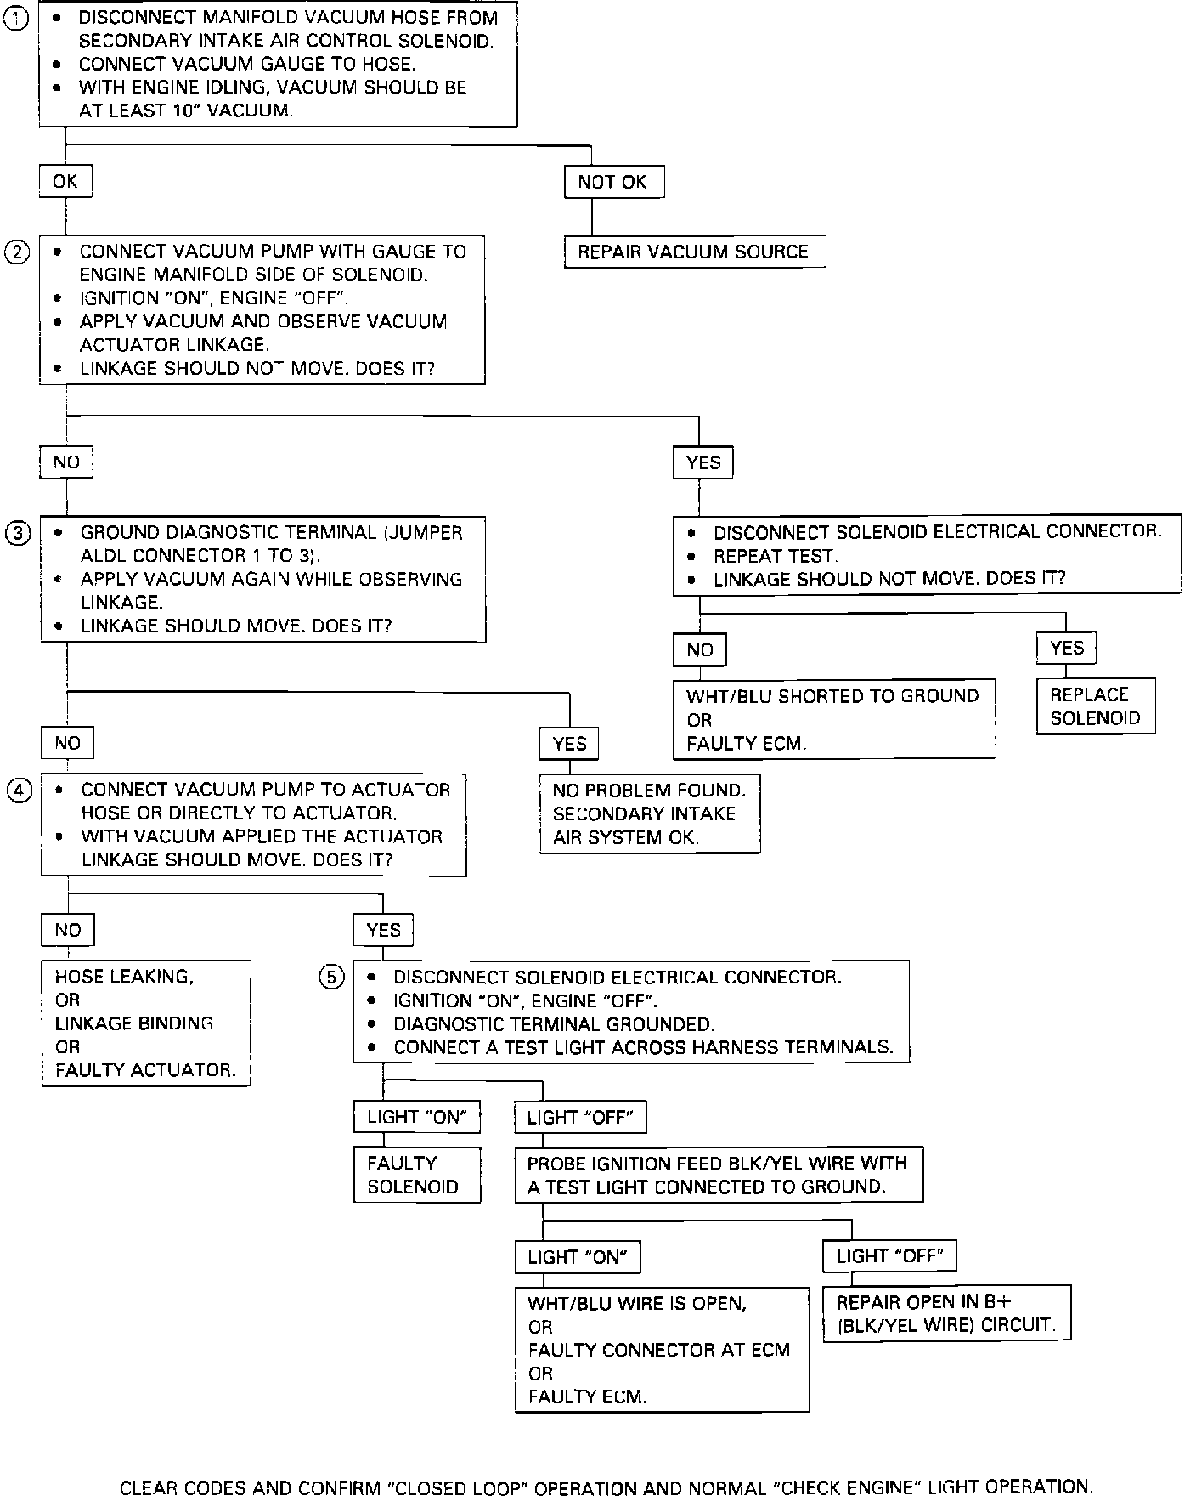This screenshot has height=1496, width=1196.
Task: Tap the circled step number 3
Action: pos(18,533)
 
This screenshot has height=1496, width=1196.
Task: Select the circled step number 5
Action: pos(331,977)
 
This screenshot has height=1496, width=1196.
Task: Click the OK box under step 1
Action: pos(65,181)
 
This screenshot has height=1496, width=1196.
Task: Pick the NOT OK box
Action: pos(613,182)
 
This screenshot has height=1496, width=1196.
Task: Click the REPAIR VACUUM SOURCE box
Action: pos(694,252)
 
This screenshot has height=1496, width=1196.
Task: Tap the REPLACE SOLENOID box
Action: pos(1096,706)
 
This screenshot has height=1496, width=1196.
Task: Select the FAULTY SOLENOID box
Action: pos(416,1175)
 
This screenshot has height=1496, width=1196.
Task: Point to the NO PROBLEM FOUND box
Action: pos(650,813)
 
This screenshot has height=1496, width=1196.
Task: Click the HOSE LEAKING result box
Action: pos(145,1023)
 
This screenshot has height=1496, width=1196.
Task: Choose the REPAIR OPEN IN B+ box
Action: pos(946,1313)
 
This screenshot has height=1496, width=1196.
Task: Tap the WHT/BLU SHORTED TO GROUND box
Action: pos(833,719)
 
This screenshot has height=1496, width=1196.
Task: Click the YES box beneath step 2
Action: pos(703,462)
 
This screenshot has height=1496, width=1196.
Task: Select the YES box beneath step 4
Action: pos(384,930)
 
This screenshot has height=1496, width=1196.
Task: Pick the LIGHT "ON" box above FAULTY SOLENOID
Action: pos(416,1117)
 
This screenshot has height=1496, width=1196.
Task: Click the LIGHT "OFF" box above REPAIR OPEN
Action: pos(889,1255)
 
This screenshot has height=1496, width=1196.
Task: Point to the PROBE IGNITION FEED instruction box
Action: pos(718,1175)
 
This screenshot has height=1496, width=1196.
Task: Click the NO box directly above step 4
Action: pos(67,743)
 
